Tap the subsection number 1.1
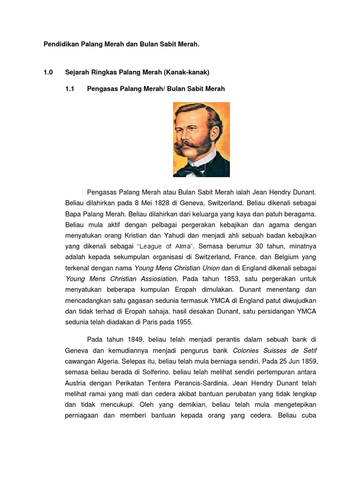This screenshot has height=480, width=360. (70, 89)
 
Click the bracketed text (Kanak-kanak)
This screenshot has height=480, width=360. (186, 73)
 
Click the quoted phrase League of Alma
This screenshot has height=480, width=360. (159, 246)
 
